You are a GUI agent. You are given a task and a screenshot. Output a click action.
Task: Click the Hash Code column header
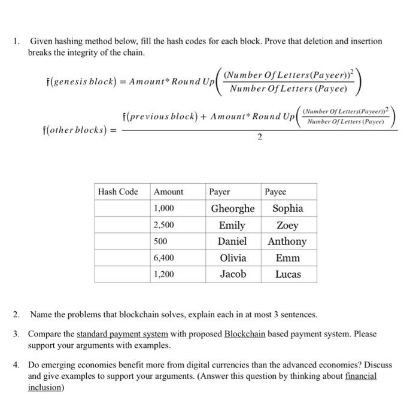click(118, 192)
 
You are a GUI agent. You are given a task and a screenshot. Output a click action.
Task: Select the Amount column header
click(169, 192)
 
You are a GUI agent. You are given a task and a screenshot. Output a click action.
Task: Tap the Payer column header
click(220, 192)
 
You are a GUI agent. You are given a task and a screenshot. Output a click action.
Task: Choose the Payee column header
click(275, 192)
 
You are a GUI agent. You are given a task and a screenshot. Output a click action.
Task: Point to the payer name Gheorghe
click(232, 208)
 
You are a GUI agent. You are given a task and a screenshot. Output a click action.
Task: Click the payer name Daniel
click(232, 241)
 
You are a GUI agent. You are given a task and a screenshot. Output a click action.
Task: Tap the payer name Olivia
click(232, 258)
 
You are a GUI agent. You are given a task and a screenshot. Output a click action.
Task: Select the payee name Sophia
click(288, 208)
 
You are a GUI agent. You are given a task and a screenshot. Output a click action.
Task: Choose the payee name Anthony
click(287, 241)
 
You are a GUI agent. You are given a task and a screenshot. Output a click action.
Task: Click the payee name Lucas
click(288, 274)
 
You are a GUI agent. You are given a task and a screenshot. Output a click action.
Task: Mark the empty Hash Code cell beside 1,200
click(122, 274)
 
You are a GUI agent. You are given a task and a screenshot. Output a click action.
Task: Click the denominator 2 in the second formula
click(259, 137)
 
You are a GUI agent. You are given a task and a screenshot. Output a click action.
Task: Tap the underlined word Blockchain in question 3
click(244, 334)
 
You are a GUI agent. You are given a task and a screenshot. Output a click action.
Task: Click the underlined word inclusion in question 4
click(44, 387)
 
